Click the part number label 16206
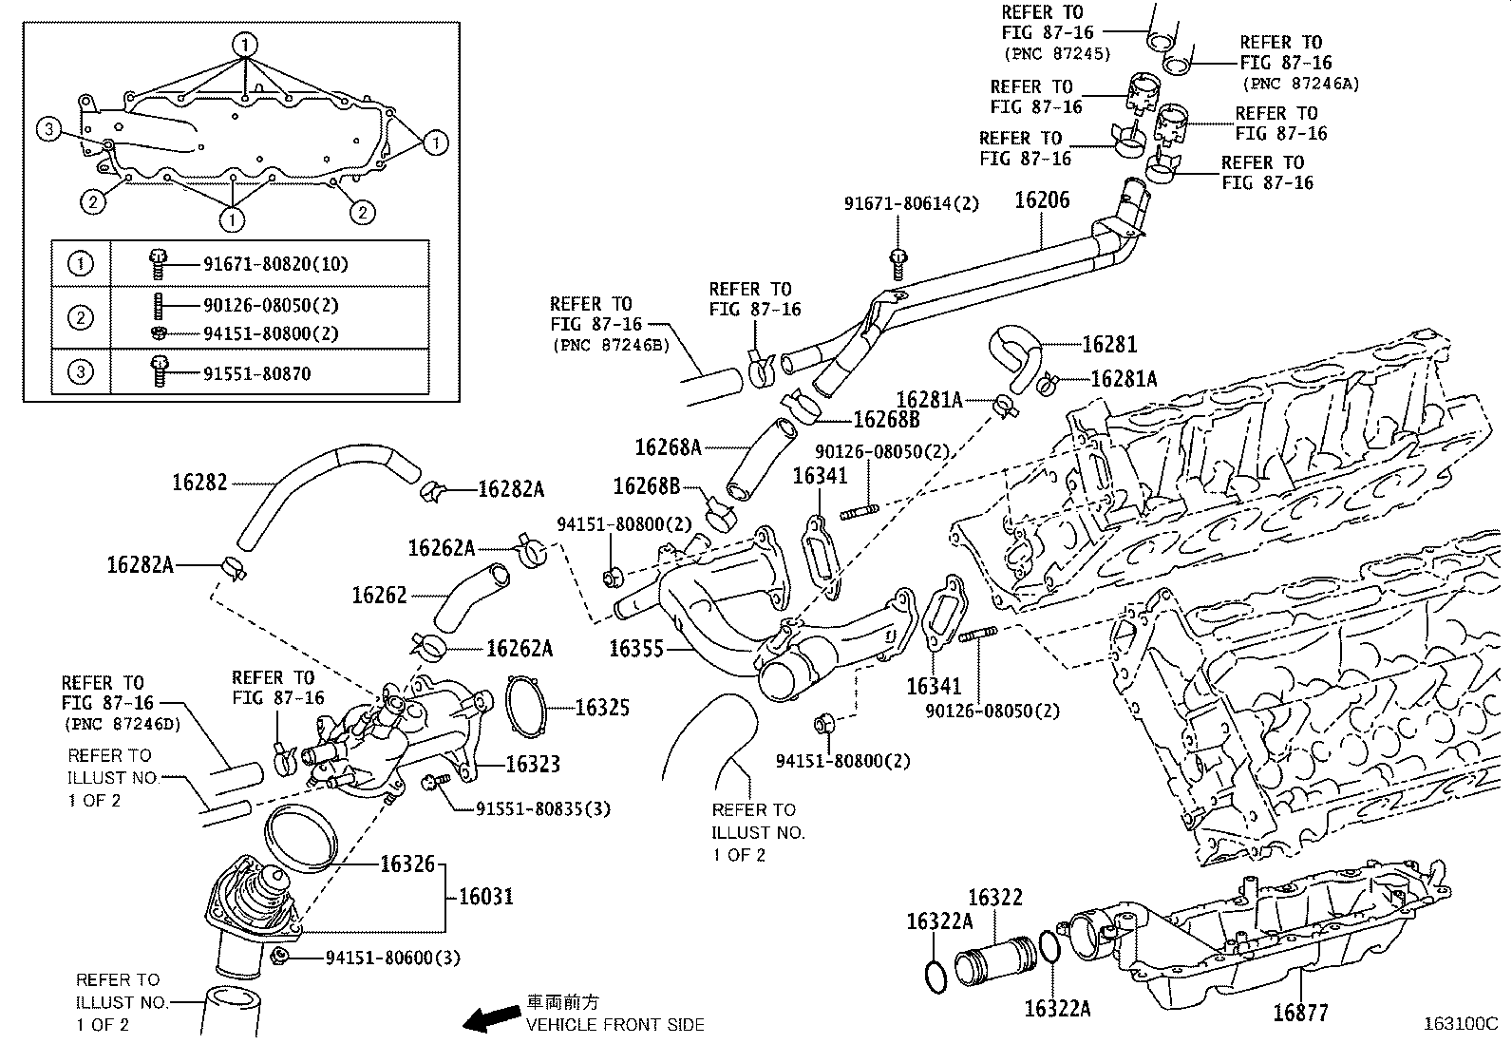coord(1041,200)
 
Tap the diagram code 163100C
coord(1459,1024)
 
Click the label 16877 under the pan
coord(1300,1013)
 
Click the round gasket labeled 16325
coord(526,708)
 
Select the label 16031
coord(485,896)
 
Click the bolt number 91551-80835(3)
coord(542,809)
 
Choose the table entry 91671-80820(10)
coord(275,264)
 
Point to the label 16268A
coord(668,446)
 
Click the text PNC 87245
coord(1056,54)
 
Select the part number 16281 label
coord(1108,344)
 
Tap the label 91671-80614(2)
coord(911,203)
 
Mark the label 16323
coord(532,764)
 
